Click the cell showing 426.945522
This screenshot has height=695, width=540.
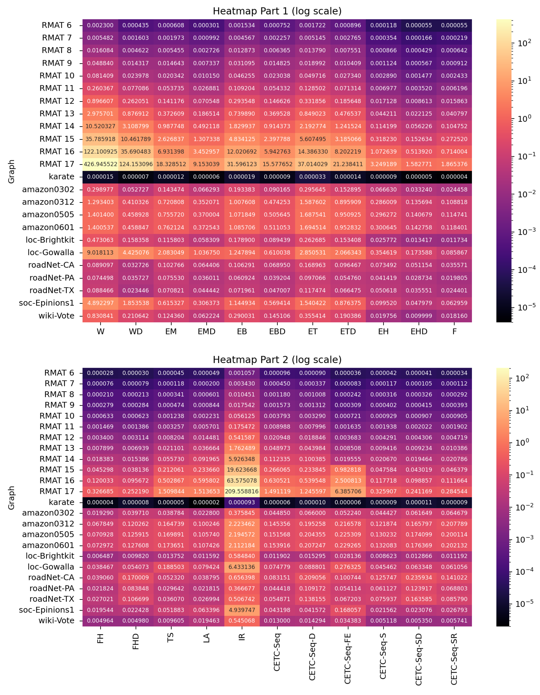point(100,164)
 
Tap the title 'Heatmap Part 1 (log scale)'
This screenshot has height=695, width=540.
point(277,11)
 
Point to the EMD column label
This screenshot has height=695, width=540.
point(206,332)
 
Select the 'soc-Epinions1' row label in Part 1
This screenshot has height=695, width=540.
point(46,303)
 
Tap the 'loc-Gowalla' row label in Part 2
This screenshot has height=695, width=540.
point(51,567)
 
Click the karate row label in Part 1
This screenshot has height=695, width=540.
point(62,177)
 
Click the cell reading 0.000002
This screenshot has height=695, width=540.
point(206,502)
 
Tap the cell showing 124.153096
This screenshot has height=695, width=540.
point(136,164)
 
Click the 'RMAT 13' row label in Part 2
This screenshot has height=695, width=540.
point(57,448)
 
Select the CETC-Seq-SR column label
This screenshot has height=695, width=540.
point(454,659)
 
